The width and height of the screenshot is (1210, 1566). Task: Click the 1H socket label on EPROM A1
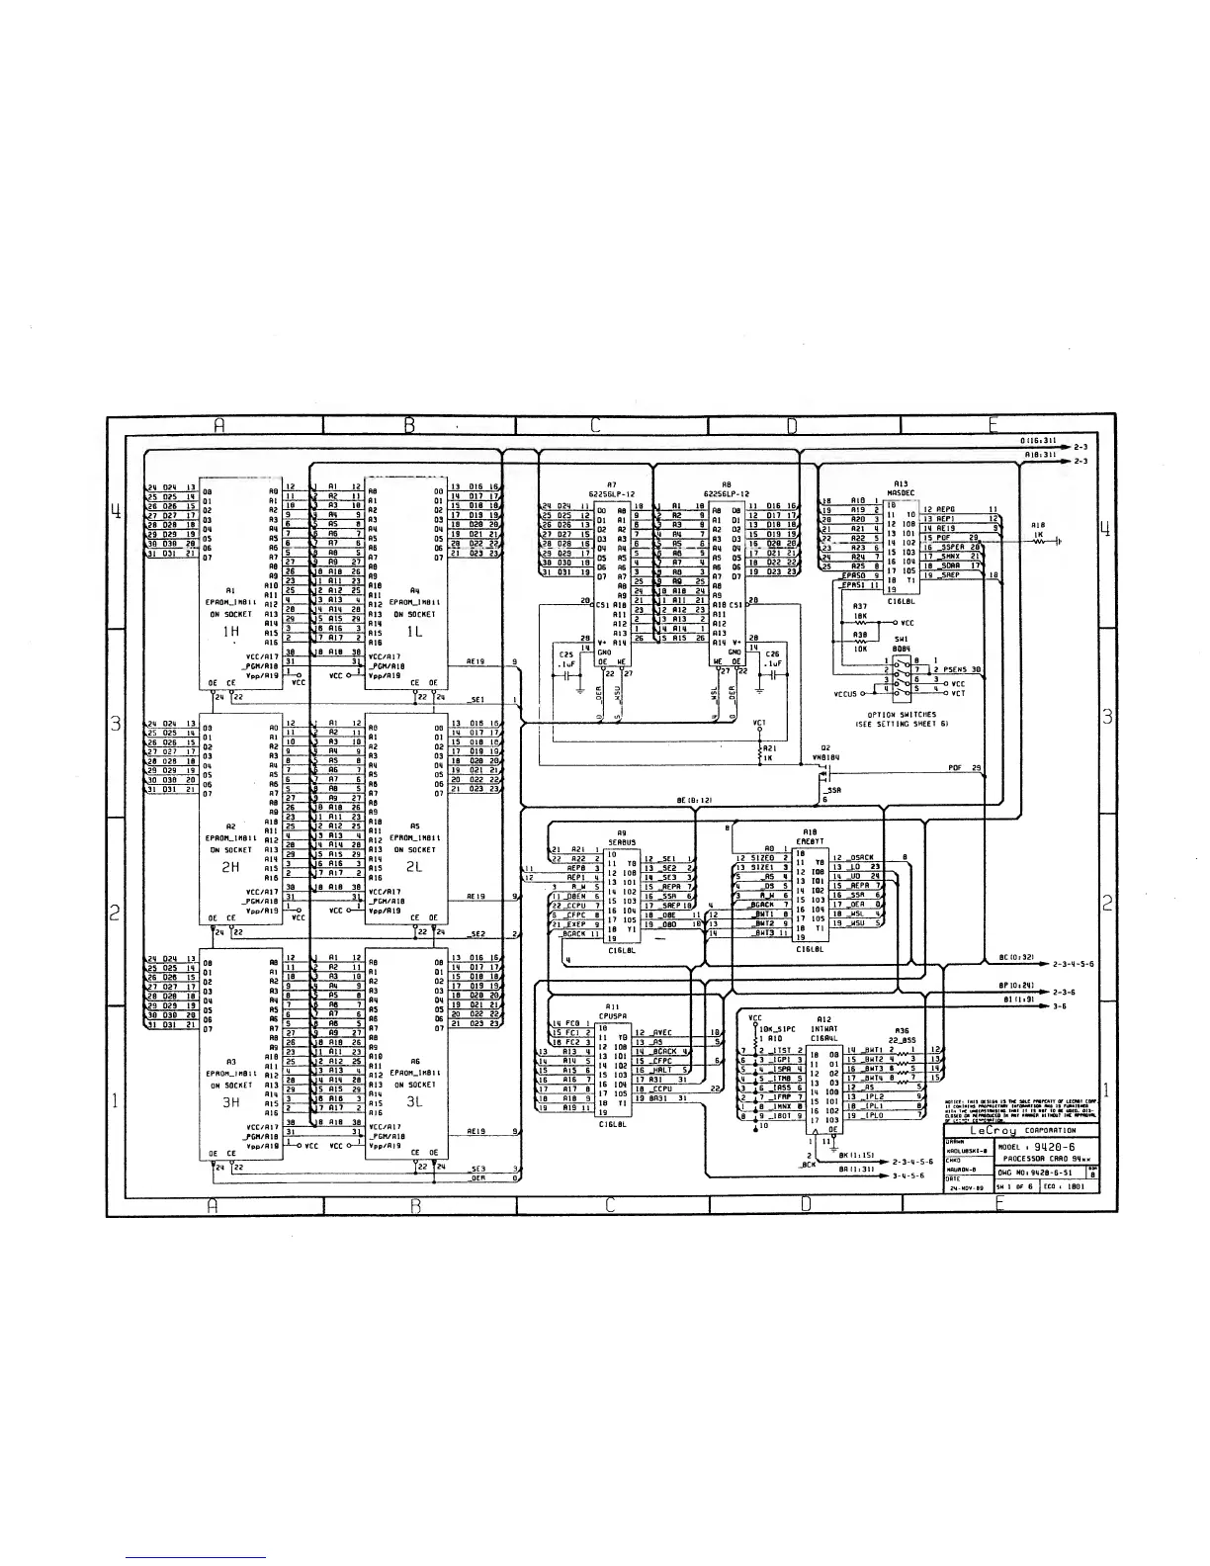(x=230, y=631)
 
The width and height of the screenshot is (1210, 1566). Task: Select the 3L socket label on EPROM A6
(x=414, y=1101)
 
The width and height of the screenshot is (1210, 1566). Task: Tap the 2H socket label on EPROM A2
(x=230, y=866)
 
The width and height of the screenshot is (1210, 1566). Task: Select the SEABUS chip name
(x=621, y=842)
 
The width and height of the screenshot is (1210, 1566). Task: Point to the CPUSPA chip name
(x=609, y=1013)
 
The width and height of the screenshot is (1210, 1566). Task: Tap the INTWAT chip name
(x=824, y=1028)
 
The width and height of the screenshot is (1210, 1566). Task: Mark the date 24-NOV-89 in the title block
(x=965, y=1189)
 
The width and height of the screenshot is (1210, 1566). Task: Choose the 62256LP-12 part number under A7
(x=612, y=493)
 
